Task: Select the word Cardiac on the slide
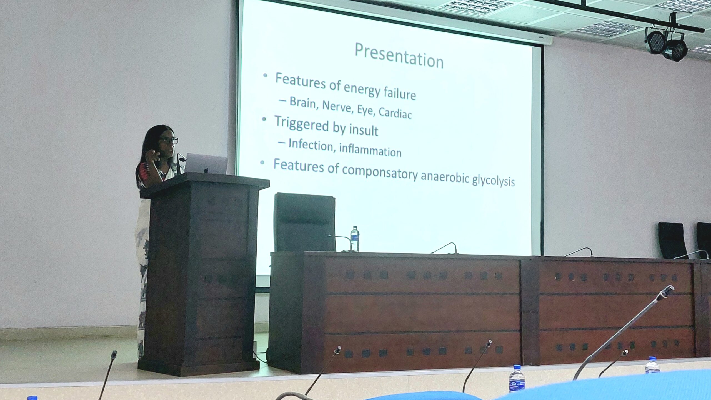click(x=395, y=112)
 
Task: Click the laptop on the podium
click(x=206, y=164)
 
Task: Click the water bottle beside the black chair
click(x=355, y=239)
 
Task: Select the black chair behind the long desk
click(x=305, y=222)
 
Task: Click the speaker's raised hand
click(x=152, y=155)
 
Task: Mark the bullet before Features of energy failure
click(x=265, y=75)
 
